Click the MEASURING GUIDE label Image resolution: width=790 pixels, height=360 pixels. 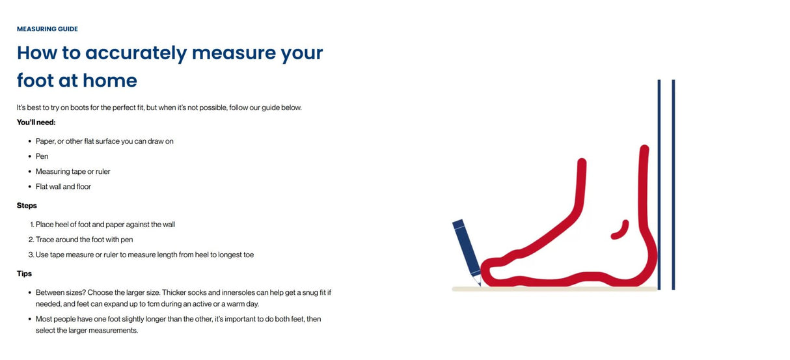[x=48, y=29]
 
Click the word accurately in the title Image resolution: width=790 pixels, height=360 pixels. [x=136, y=53]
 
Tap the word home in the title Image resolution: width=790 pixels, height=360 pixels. [x=110, y=81]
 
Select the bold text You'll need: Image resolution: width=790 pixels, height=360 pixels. [x=36, y=122]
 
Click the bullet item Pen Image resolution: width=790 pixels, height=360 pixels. [x=42, y=156]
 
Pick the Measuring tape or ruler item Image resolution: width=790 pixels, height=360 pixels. [x=73, y=171]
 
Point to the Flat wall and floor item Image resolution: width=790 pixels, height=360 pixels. [x=63, y=187]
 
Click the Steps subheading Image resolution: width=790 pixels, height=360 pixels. [x=27, y=206]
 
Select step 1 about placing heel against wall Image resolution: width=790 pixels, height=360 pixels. [x=102, y=225]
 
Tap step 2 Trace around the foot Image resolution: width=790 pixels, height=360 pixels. [x=81, y=240]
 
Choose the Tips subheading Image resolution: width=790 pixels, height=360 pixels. [x=24, y=273]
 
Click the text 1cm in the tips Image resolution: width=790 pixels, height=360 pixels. [x=153, y=304]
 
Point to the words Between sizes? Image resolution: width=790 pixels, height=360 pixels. [x=61, y=292]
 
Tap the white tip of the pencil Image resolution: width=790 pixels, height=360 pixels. [x=478, y=281]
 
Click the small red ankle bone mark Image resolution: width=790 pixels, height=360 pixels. [x=621, y=230]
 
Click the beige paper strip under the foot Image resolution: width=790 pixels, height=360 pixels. [x=554, y=289]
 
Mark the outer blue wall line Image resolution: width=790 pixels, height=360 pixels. [x=674, y=185]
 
